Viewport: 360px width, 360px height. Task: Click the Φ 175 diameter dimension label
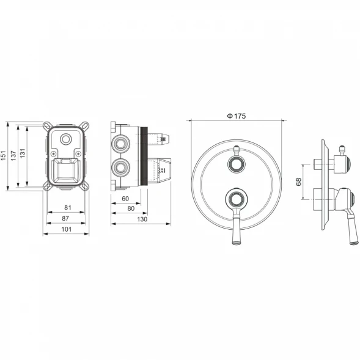(237, 116)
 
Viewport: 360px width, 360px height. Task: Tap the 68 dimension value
(298, 182)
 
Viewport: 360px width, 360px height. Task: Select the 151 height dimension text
(3, 155)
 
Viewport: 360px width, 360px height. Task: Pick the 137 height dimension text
(13, 155)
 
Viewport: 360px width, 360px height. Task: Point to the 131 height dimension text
(22, 153)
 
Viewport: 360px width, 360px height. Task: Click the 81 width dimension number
(67, 208)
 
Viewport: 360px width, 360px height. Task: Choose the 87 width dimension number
(65, 218)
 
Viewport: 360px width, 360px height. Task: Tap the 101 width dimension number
(67, 229)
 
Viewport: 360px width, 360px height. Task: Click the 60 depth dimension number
(125, 199)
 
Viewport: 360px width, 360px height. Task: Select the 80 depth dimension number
(131, 208)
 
